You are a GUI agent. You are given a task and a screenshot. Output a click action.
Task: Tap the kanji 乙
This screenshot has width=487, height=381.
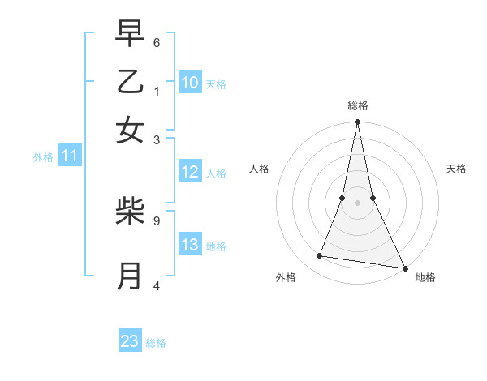(130, 82)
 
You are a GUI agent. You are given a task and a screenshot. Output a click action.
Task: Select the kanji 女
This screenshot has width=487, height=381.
(130, 131)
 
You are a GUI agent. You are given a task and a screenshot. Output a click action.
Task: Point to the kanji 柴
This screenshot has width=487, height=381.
(130, 212)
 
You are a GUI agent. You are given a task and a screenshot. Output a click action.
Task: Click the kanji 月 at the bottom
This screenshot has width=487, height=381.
(130, 276)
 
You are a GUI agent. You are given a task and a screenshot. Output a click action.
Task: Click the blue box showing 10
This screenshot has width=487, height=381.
(190, 83)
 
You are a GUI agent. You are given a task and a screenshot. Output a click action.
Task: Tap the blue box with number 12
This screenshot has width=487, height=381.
(190, 172)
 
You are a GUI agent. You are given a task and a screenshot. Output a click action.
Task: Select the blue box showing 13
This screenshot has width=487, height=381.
(190, 245)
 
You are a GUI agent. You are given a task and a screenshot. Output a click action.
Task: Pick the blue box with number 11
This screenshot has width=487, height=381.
(69, 156)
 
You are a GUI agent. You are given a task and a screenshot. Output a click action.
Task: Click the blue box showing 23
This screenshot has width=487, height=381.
(130, 341)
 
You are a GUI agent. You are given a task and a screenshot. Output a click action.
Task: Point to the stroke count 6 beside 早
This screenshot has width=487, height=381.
(157, 42)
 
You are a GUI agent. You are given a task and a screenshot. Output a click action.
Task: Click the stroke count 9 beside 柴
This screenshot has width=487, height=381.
(157, 220)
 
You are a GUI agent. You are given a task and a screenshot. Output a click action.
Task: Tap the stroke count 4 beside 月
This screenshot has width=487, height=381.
(157, 285)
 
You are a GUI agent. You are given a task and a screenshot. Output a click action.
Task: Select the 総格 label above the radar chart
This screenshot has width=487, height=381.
(358, 105)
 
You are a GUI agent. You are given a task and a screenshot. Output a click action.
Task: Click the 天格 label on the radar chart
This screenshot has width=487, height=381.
(457, 169)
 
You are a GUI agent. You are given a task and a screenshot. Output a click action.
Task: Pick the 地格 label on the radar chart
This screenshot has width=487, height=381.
(425, 277)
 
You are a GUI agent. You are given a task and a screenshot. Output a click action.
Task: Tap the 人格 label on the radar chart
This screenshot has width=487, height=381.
(260, 169)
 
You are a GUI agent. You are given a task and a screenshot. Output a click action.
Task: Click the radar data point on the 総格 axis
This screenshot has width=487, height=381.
(357, 122)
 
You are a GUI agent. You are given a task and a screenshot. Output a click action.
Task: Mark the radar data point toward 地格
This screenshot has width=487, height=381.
(404, 268)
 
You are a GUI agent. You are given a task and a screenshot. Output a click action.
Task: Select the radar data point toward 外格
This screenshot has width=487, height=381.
(320, 256)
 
